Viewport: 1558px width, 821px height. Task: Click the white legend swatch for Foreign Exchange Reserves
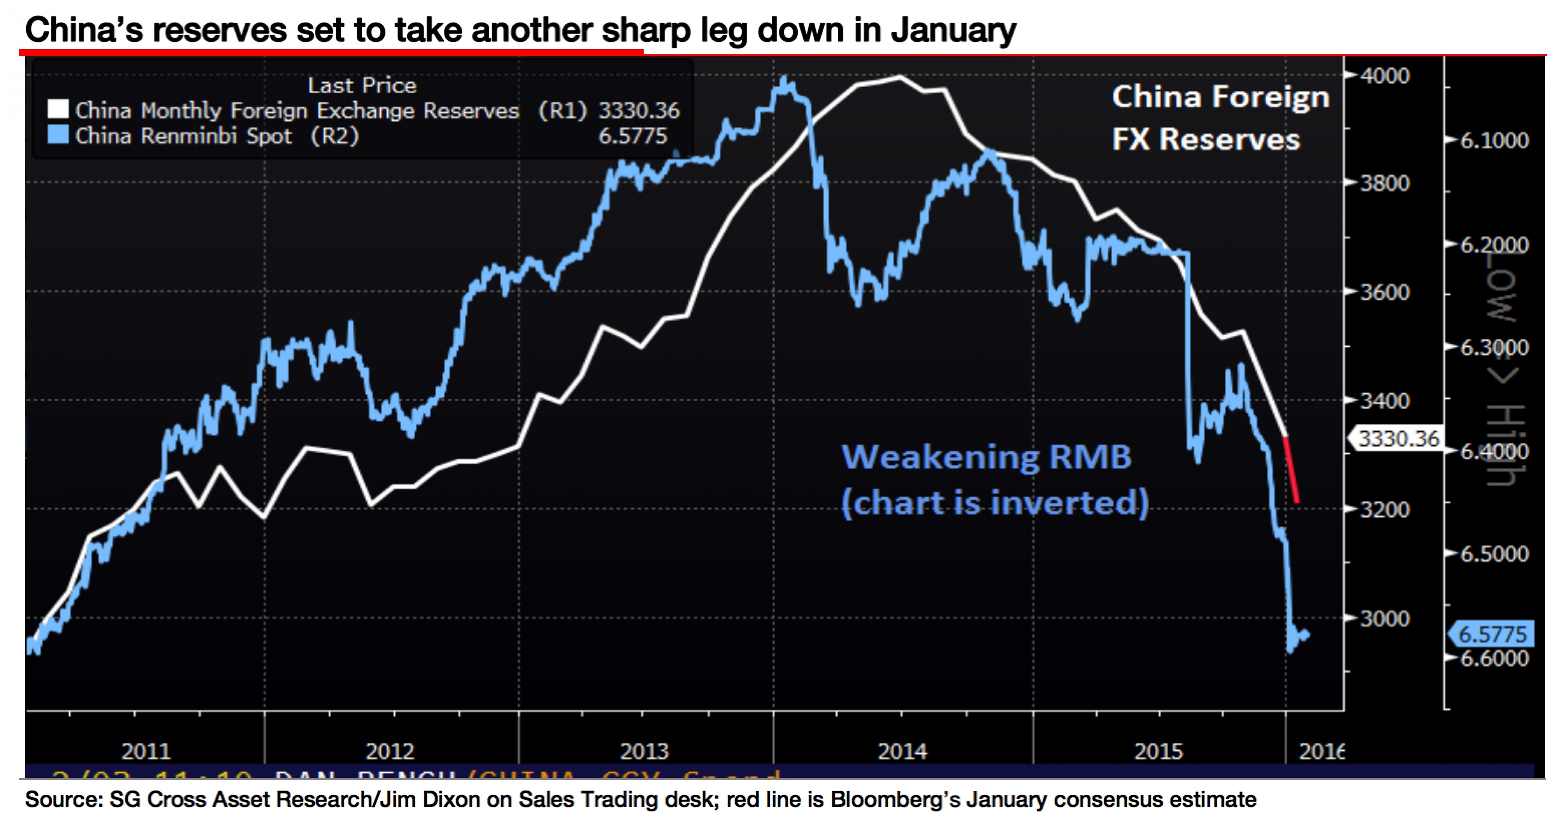[x=58, y=109]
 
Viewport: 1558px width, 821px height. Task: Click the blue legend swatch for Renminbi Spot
[x=58, y=135]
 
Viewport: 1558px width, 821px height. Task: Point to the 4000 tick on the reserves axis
[x=1384, y=76]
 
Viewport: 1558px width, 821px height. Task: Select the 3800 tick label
[x=1384, y=183]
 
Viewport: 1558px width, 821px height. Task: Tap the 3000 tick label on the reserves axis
[x=1384, y=618]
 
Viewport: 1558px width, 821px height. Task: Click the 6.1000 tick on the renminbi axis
[x=1494, y=140]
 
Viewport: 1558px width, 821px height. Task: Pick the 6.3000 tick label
[x=1494, y=347]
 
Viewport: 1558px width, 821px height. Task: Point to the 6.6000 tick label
[x=1494, y=658]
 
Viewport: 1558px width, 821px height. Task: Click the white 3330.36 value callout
[x=1397, y=438]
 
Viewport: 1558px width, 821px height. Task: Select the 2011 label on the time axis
[x=146, y=751]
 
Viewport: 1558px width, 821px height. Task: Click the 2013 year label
[x=644, y=751]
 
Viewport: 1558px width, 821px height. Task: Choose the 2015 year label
[x=1158, y=751]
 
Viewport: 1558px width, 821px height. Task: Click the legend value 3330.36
[x=639, y=111]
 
